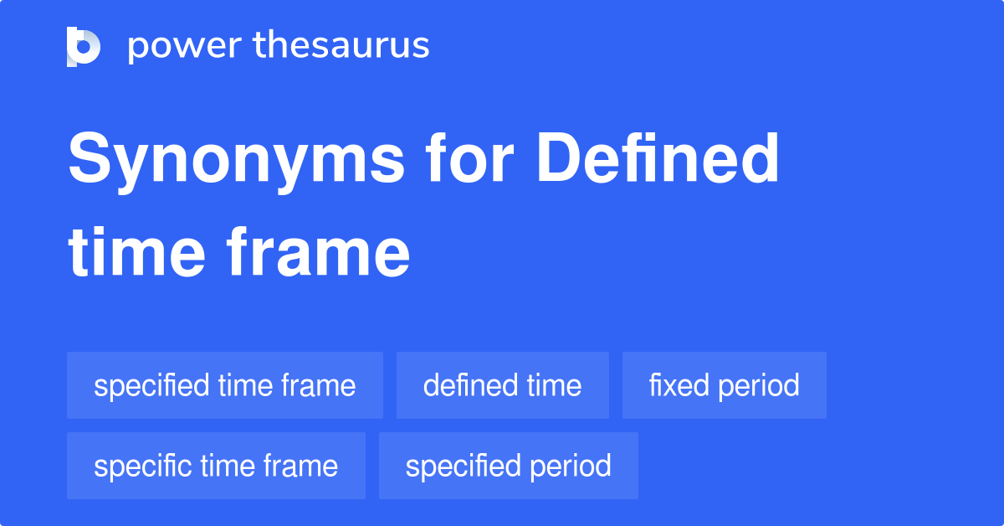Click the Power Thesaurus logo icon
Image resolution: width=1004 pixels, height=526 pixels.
[x=84, y=46]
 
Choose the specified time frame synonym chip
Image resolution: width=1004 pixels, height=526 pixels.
[x=225, y=385]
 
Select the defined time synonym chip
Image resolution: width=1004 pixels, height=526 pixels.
[x=502, y=385]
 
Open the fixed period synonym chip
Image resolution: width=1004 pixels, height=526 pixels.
[x=724, y=385]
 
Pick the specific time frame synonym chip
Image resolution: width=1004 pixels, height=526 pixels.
[x=216, y=466]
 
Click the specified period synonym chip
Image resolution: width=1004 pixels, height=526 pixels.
[x=508, y=466]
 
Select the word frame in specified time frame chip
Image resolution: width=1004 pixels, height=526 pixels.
[x=319, y=385]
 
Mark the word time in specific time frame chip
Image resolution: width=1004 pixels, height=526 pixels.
[x=227, y=466]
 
